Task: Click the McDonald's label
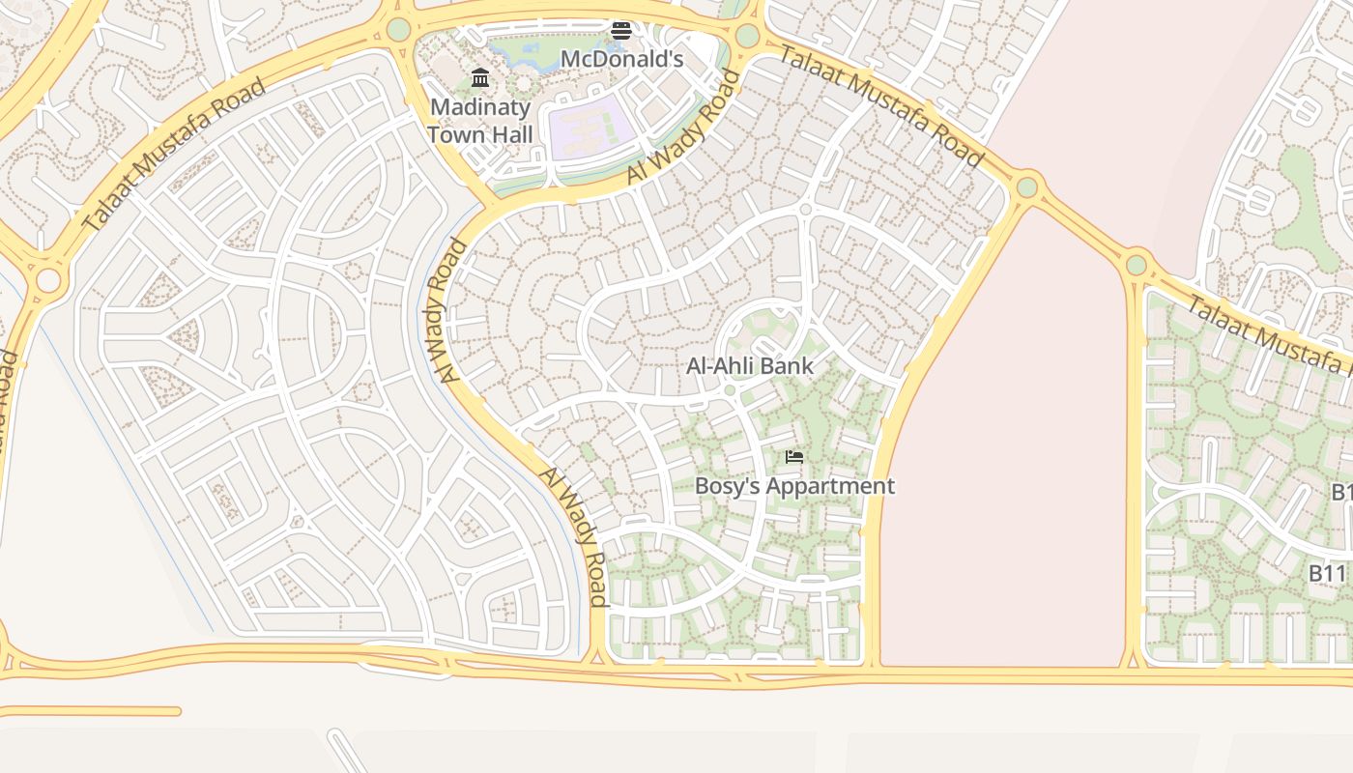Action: coord(621,59)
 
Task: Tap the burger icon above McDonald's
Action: coord(621,31)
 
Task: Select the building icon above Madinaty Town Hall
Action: coord(480,78)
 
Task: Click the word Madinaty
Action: coord(480,106)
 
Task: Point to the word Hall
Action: coord(507,134)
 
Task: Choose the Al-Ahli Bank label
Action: coord(750,366)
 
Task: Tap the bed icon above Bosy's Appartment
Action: coord(794,457)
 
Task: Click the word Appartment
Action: coord(832,486)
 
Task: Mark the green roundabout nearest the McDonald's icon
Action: coord(747,37)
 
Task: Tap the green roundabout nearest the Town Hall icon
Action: coord(398,30)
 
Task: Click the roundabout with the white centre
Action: coord(47,281)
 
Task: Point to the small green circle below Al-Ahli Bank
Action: coord(730,389)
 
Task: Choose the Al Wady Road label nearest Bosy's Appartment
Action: coord(573,536)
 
